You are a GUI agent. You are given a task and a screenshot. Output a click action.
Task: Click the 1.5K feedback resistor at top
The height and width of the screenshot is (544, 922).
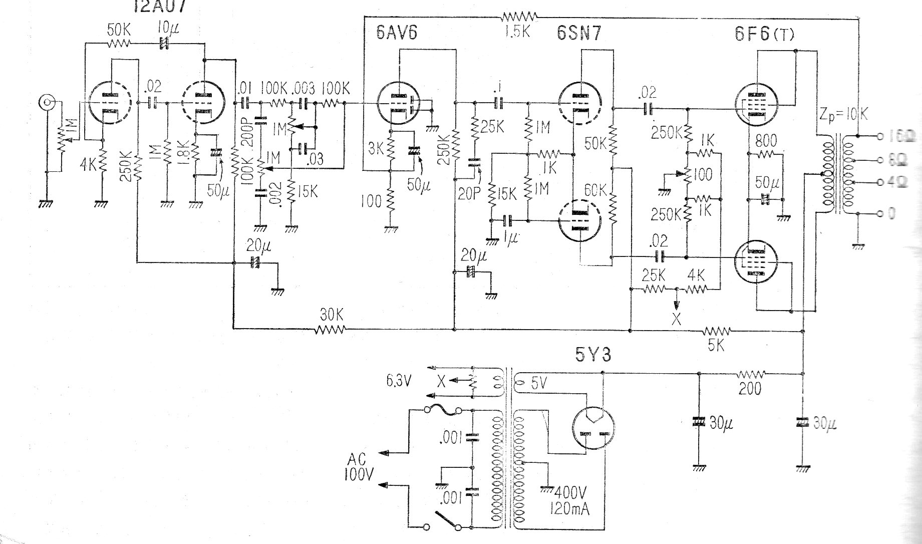click(519, 17)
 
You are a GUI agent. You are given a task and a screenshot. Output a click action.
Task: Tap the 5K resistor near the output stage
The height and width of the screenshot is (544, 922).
click(717, 331)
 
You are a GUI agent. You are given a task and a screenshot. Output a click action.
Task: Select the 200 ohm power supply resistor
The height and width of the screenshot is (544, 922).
click(750, 374)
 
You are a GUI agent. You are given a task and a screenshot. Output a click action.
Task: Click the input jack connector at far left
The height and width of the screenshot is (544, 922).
click(47, 104)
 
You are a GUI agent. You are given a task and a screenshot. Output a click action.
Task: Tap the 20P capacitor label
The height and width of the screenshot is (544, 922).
click(469, 194)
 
